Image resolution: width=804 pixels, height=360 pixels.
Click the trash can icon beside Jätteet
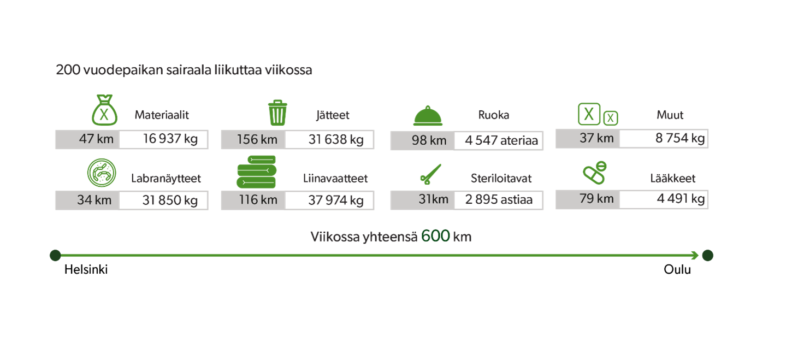[x=277, y=113]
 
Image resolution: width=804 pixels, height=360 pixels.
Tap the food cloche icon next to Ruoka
[x=427, y=115]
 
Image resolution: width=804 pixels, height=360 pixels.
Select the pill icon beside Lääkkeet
[x=595, y=173]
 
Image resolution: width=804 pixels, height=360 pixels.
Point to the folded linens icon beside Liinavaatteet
[x=256, y=173]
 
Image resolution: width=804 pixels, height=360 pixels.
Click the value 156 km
[x=257, y=140]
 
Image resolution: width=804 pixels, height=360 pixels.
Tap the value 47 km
[x=96, y=139]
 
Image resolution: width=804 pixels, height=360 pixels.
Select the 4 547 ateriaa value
[x=501, y=141]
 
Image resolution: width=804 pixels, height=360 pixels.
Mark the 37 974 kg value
[x=335, y=200]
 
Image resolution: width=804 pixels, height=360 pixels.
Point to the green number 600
[x=435, y=237]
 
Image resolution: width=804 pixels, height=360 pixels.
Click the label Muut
[x=670, y=115]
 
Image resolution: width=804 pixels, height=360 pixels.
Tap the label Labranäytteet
[x=166, y=179]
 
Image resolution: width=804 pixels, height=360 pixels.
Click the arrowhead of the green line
[x=696, y=255]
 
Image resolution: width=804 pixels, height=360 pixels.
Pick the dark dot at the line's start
[x=55, y=255]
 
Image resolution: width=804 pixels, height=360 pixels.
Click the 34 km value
[x=94, y=200]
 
